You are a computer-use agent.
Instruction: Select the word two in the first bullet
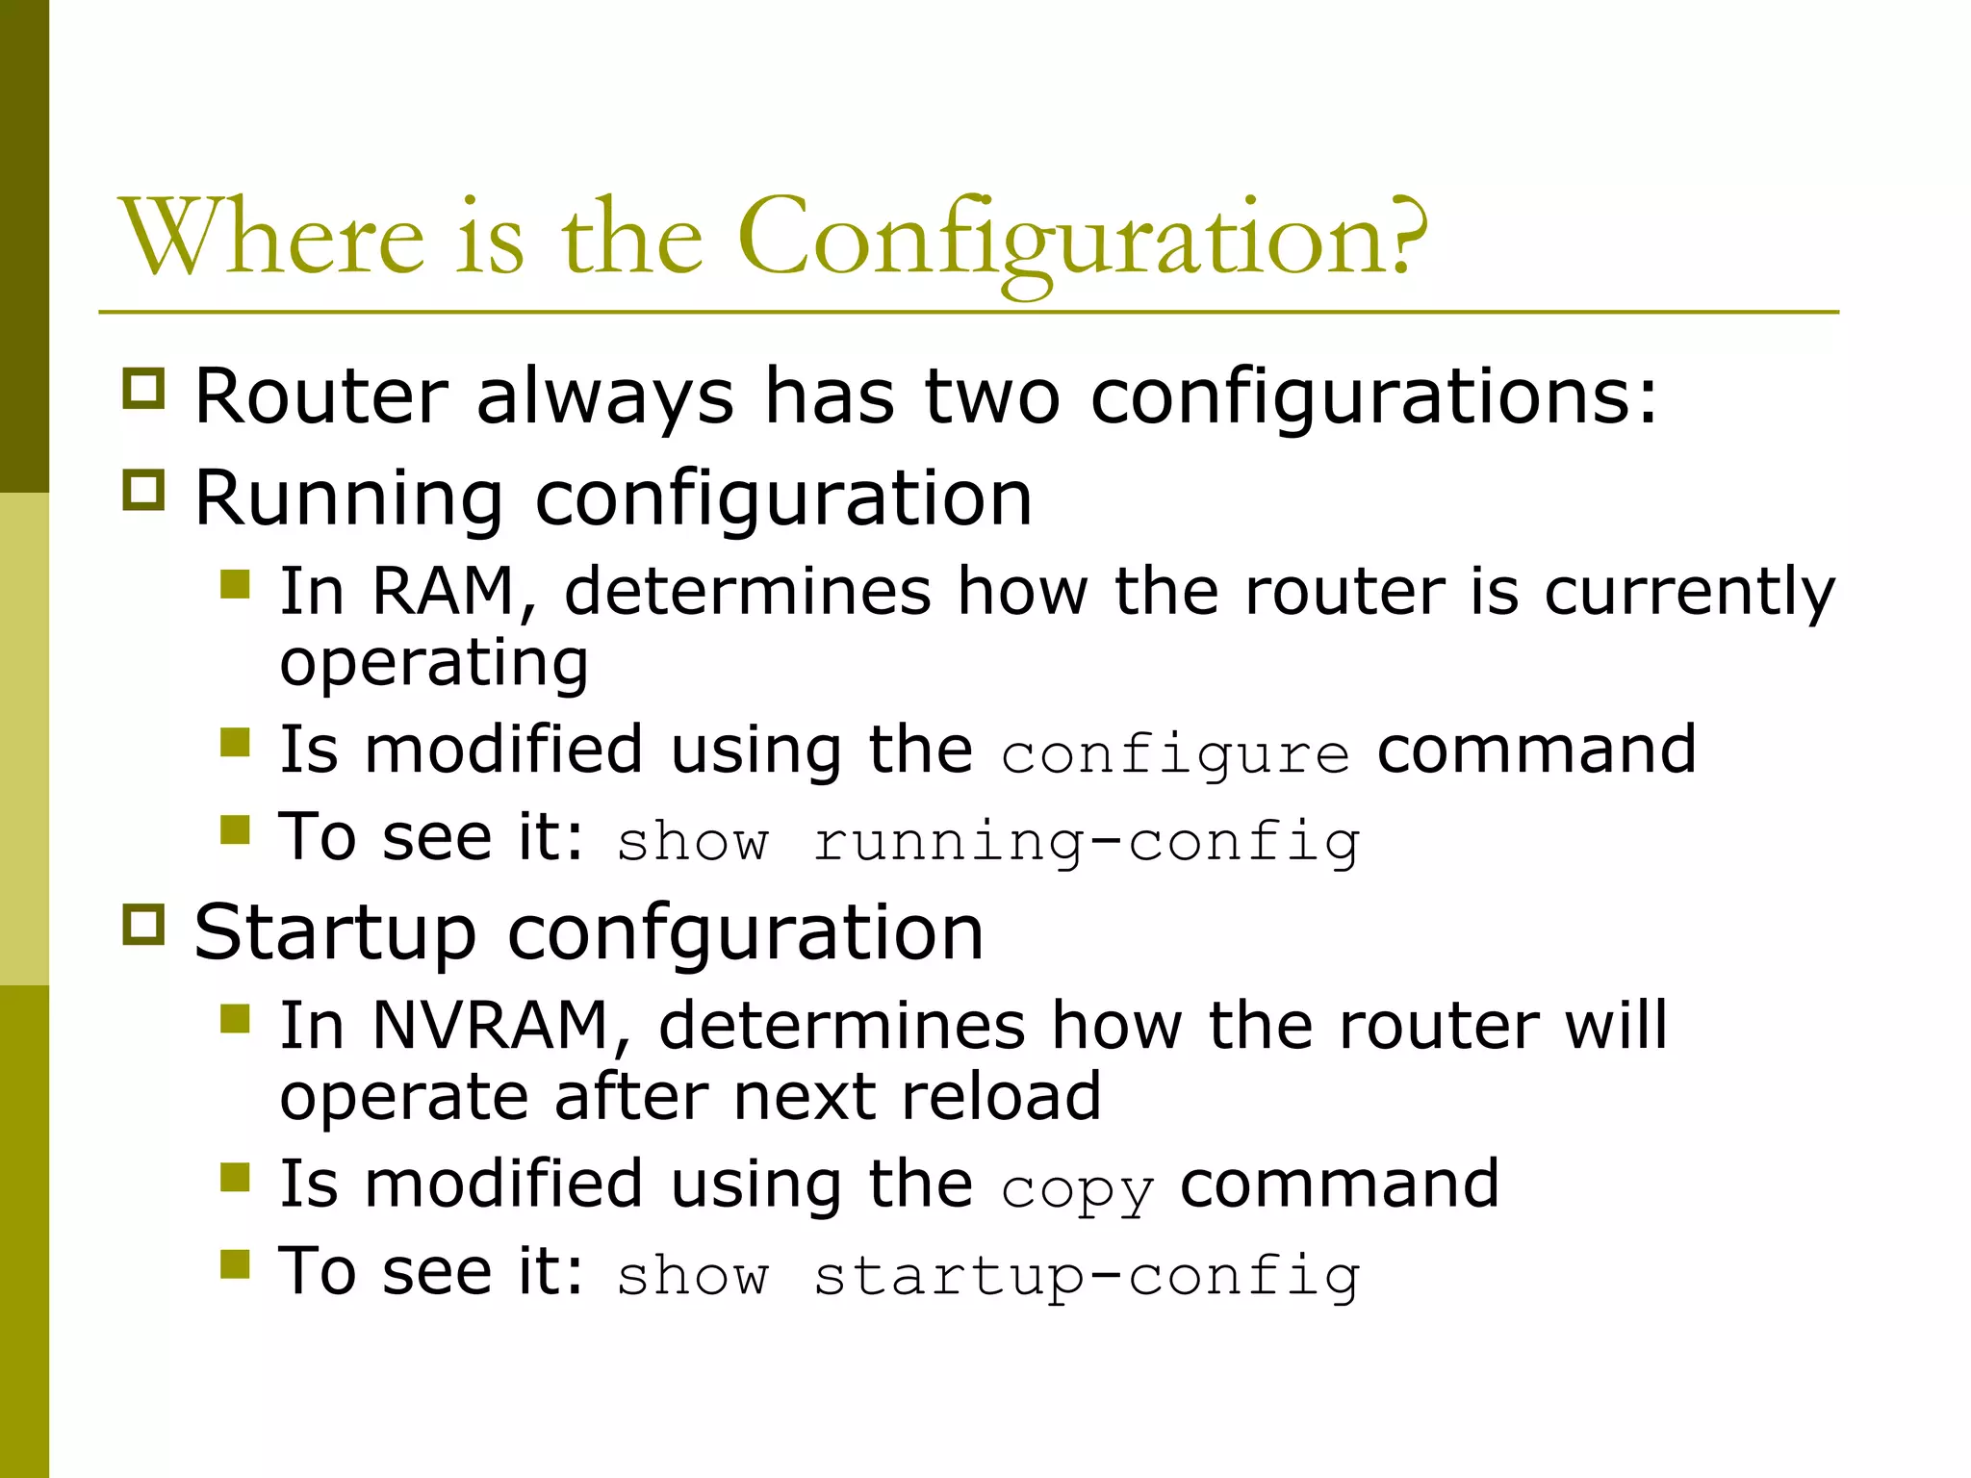tap(992, 395)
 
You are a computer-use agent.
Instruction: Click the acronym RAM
tap(443, 591)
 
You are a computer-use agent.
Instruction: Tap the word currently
tap(1689, 593)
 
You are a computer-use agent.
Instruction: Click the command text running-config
tap(1087, 843)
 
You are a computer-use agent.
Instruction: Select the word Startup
tap(335, 932)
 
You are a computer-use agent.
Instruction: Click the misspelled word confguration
tap(746, 932)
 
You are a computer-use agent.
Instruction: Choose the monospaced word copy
tap(1077, 1189)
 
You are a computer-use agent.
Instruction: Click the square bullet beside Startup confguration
tap(144, 924)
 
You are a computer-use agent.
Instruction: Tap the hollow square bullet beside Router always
tap(144, 388)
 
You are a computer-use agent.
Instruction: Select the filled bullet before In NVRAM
tap(235, 1018)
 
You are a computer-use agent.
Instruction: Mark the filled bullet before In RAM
tap(235, 584)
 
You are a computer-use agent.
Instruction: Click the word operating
tap(434, 664)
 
